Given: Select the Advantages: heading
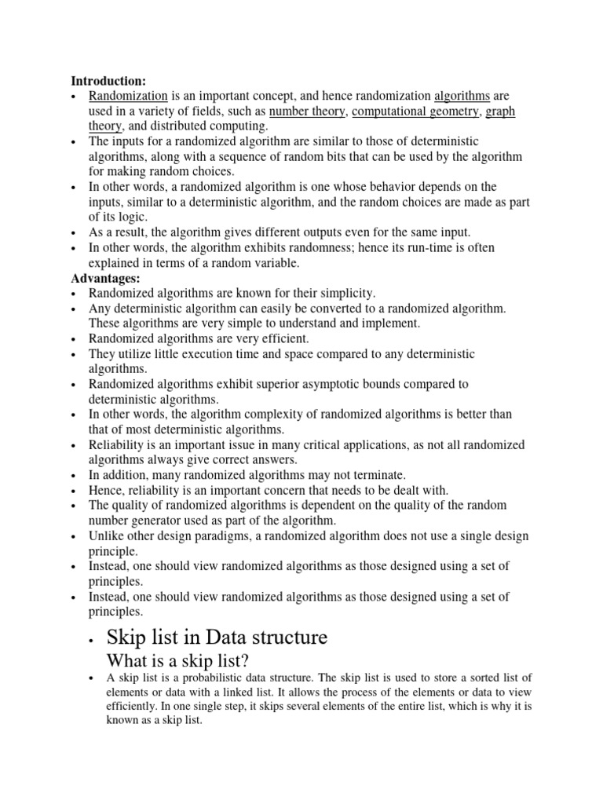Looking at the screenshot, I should tap(103, 278).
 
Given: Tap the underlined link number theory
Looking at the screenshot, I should tap(307, 111).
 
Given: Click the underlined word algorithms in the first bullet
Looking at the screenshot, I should tap(462, 95).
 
